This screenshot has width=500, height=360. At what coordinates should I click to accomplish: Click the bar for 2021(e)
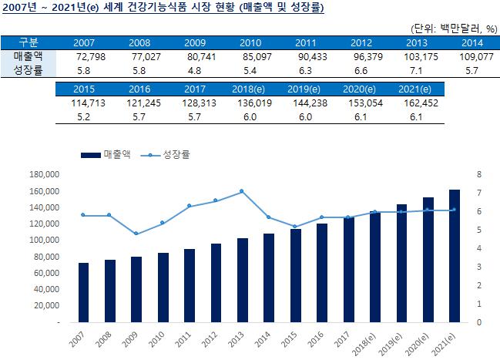(455, 256)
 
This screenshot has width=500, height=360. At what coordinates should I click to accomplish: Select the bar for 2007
(83, 293)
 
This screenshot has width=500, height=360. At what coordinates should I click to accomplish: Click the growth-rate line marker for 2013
(242, 190)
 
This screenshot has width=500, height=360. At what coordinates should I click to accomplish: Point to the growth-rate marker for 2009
(136, 234)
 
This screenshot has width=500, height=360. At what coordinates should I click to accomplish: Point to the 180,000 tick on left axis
(44, 174)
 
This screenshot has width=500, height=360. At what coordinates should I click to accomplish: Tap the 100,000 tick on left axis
(44, 240)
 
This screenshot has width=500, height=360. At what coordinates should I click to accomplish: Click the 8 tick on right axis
(479, 174)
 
